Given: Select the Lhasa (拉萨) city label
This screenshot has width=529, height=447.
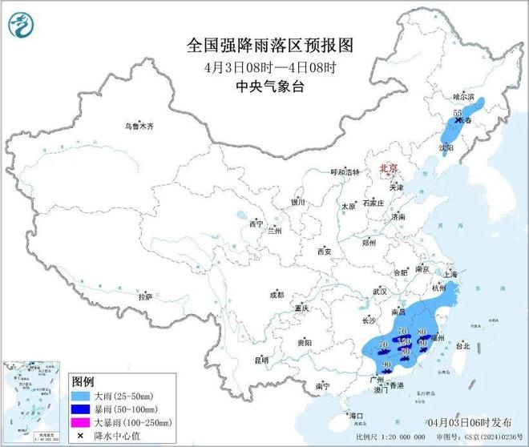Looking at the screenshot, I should pyautogui.click(x=144, y=296).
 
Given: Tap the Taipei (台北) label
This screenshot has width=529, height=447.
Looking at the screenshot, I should pyautogui.click(x=462, y=347).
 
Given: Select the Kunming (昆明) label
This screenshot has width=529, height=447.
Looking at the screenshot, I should pyautogui.click(x=261, y=360).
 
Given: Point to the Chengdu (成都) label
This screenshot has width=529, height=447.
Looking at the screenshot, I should pyautogui.click(x=277, y=295).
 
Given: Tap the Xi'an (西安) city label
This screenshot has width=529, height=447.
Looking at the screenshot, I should pyautogui.click(x=324, y=251).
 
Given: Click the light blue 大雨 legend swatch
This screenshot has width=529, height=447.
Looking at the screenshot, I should pyautogui.click(x=83, y=396).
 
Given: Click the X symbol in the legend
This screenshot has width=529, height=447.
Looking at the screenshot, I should pyautogui.click(x=83, y=435).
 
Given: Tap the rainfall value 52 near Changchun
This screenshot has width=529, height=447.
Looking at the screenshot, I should pyautogui.click(x=457, y=113).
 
